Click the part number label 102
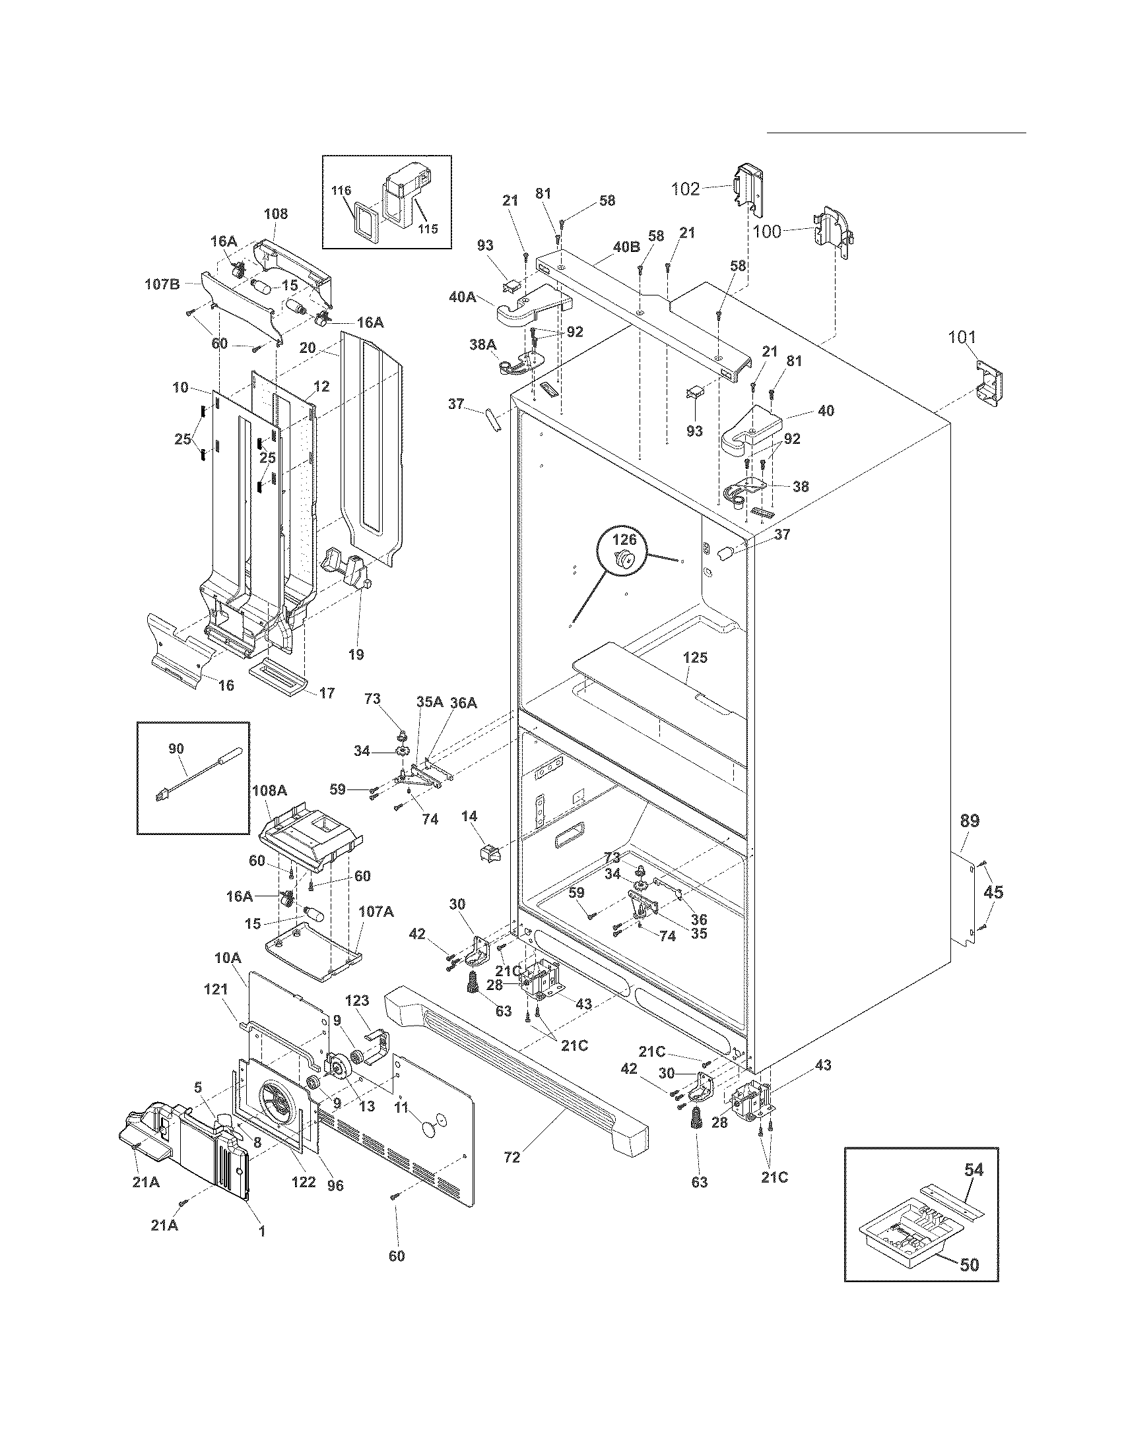(x=684, y=189)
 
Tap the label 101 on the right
(x=962, y=338)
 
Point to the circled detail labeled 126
(x=624, y=540)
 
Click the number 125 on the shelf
(x=695, y=658)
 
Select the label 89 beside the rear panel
(x=970, y=820)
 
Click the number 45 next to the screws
(x=993, y=892)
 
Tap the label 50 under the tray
(x=970, y=1247)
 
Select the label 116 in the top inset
(x=342, y=191)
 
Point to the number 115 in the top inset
(x=428, y=229)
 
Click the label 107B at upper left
(x=162, y=284)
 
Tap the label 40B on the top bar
(x=626, y=247)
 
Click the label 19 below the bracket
(x=356, y=654)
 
